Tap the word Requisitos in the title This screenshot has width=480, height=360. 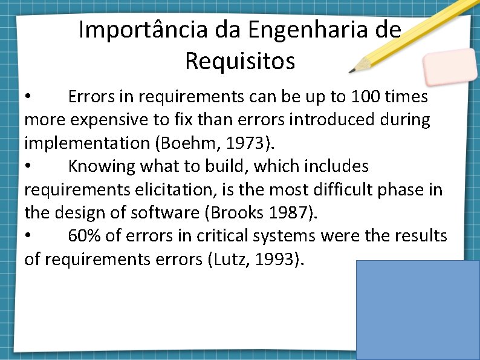pos(240,61)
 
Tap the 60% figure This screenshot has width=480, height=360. pos(85,236)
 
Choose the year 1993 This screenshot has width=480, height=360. pos(279,260)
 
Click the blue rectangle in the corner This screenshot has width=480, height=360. pos(418,310)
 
